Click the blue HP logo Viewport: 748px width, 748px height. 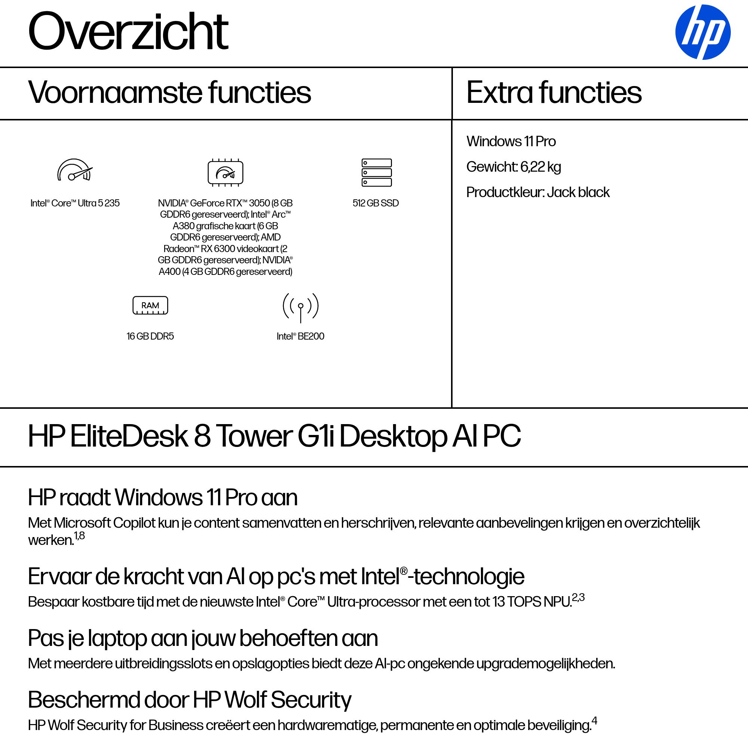(x=703, y=32)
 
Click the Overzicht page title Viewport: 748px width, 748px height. (x=128, y=32)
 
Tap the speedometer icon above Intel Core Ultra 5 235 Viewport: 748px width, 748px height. (x=75, y=170)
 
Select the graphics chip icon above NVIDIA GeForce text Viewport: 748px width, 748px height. (x=225, y=172)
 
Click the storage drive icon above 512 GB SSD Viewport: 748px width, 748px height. (x=376, y=172)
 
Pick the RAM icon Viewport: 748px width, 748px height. (x=150, y=306)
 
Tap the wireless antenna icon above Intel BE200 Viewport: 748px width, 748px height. (x=300, y=307)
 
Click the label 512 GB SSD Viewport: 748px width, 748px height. (x=375, y=203)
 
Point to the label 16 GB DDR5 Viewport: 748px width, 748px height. (x=150, y=336)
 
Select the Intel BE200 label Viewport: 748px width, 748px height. (x=300, y=336)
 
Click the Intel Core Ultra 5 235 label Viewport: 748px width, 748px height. (x=75, y=203)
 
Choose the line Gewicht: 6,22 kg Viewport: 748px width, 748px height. (x=514, y=167)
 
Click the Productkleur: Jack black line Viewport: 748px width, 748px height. (x=538, y=192)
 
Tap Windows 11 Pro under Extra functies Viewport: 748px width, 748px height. (x=511, y=142)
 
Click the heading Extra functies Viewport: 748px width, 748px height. (x=554, y=93)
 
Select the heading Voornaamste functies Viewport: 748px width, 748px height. (x=169, y=93)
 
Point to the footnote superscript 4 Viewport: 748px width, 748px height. (x=594, y=721)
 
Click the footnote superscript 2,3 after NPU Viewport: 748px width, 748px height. (x=578, y=597)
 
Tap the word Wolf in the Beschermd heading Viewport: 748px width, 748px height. (x=246, y=700)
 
